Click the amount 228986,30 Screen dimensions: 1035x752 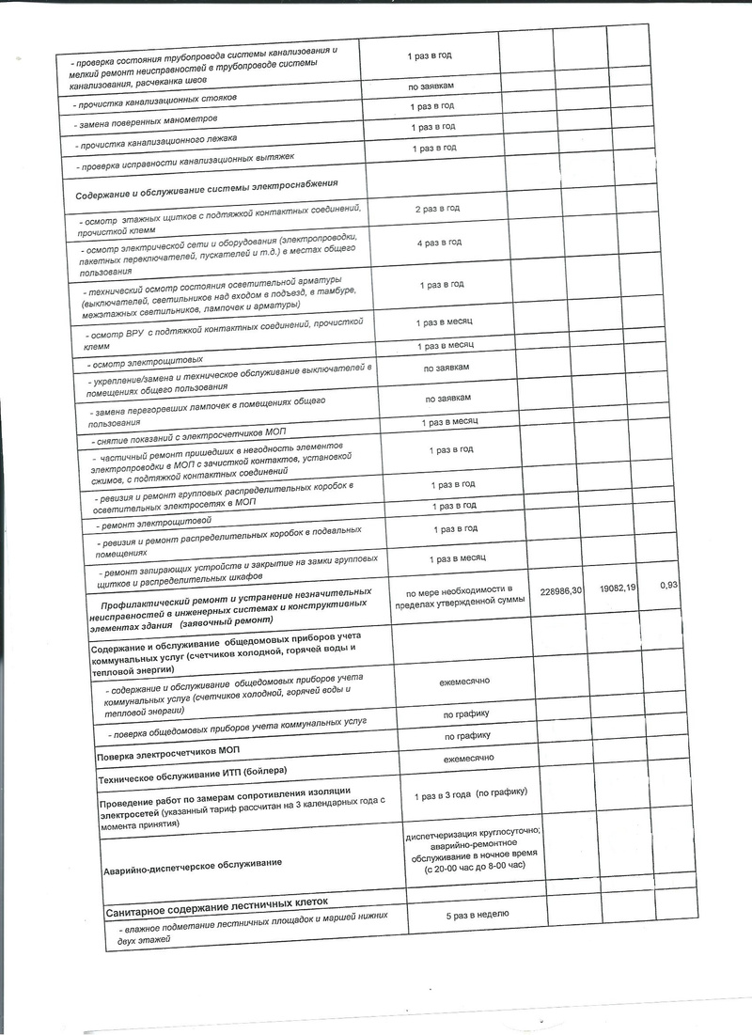tap(563, 589)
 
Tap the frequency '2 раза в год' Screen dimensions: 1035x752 tap(437, 208)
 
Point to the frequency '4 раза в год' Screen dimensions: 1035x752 tap(438, 243)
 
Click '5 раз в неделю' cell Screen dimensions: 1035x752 tap(473, 914)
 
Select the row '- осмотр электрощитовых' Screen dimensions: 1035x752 tap(144, 360)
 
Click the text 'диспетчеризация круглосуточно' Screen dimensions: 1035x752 tap(473, 835)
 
